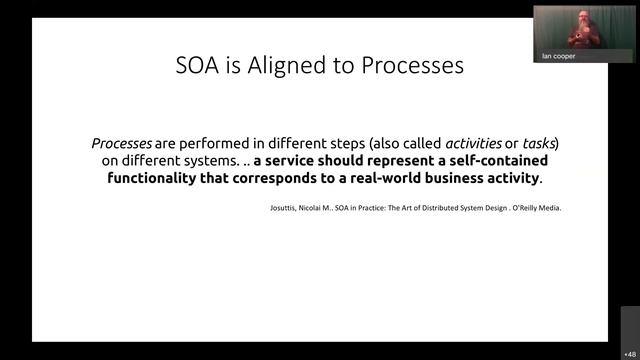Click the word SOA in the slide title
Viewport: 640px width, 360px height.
[x=195, y=66]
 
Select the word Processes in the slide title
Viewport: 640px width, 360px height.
[x=411, y=66]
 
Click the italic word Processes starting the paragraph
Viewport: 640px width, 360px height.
[x=121, y=143]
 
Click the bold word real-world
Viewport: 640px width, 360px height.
[x=381, y=179]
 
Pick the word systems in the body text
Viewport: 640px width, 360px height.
[x=206, y=161]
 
